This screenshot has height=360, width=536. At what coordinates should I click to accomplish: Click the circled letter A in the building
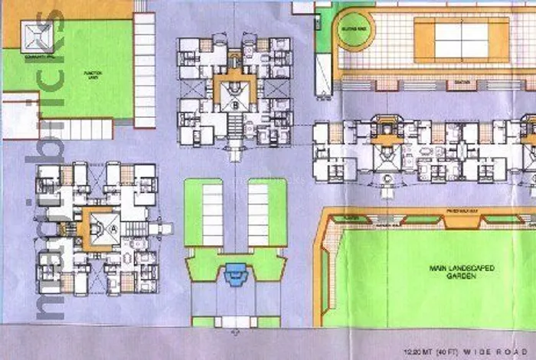pos(113,228)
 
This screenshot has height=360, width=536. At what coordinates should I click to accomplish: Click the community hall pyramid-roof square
pos(39,34)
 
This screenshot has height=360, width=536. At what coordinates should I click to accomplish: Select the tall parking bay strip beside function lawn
pos(145,69)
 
